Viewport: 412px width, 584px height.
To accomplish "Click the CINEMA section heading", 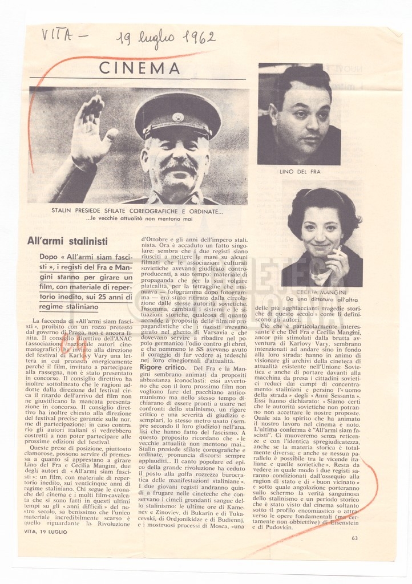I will pos(139,68).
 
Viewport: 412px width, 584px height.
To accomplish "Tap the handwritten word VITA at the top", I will pos(58,35).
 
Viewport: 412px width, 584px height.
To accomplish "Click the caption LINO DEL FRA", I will pos(298,171).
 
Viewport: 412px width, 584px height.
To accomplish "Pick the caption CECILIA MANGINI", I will pos(322,292).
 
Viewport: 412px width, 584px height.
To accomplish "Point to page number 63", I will pos(354,538).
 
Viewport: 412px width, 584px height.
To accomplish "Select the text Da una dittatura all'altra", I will pos(322,299).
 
